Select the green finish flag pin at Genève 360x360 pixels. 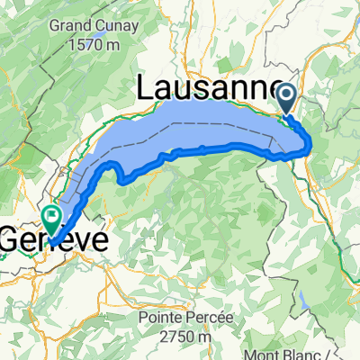pyautogui.click(x=49, y=215)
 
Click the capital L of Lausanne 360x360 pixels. pyautogui.click(x=146, y=88)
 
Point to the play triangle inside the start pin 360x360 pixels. pyautogui.click(x=287, y=94)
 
